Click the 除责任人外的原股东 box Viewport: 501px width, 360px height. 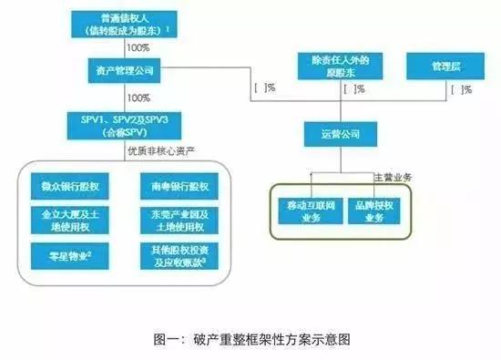pos(338,67)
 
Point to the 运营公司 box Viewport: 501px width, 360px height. pos(337,134)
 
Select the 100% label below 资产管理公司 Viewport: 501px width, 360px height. pos(139,98)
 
